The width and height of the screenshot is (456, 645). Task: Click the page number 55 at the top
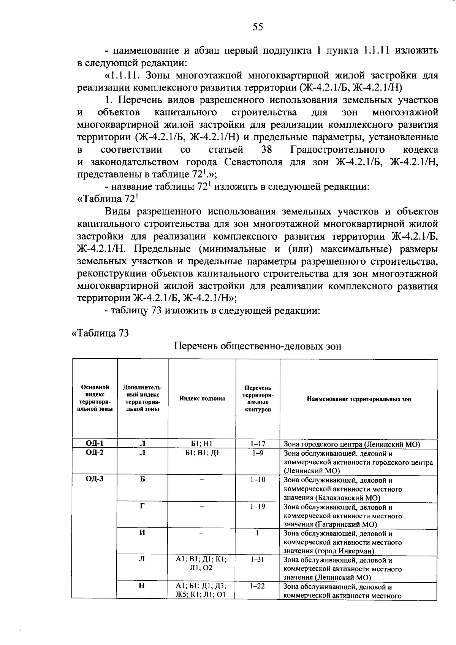point(257,27)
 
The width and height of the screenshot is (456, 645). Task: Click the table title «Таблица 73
point(100,333)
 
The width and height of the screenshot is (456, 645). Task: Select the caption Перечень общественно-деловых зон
point(258,346)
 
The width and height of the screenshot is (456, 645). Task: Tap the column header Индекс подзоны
point(202,399)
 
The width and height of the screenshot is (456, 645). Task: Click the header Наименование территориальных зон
point(359,399)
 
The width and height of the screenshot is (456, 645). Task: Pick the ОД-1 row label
point(94,443)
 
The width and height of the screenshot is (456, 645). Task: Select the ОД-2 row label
point(94,453)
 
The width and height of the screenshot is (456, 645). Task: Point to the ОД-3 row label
point(94,479)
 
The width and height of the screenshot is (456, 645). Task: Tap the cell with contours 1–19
point(258,507)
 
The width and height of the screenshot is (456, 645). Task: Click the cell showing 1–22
point(258,586)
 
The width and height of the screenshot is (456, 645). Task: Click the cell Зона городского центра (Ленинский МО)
point(351,444)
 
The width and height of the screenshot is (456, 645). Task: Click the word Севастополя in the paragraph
point(253,162)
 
